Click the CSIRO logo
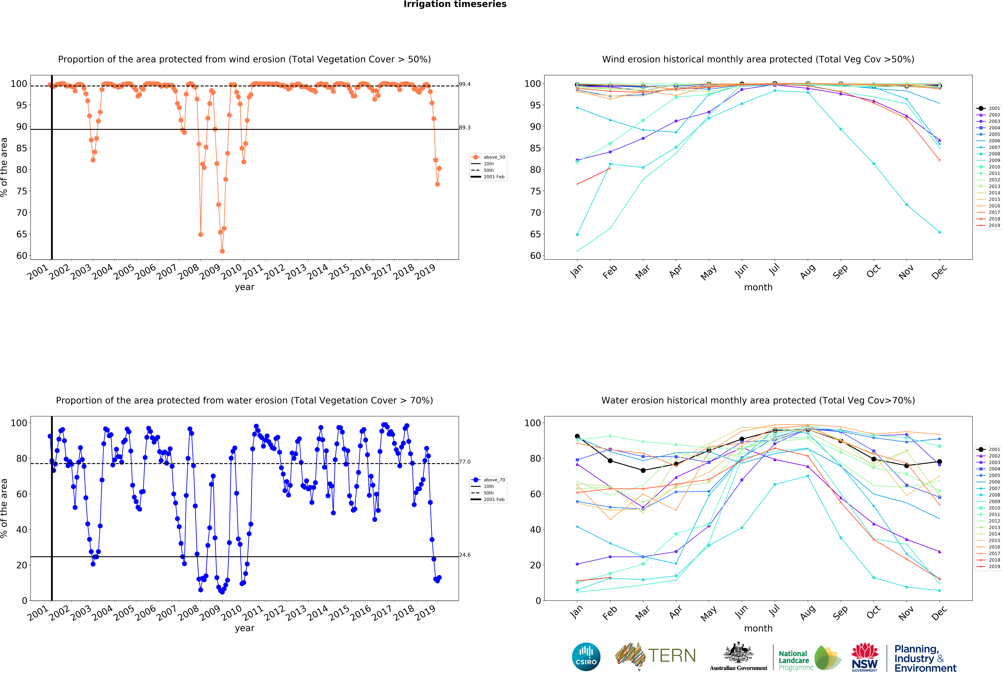click(x=586, y=657)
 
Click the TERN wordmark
click(x=672, y=656)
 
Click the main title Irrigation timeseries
click(x=455, y=4)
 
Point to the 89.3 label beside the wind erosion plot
click(x=465, y=128)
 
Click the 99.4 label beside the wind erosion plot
click(x=465, y=84)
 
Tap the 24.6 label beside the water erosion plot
click(x=465, y=555)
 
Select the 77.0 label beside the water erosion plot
click(x=465, y=462)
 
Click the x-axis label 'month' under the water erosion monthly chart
click(x=758, y=628)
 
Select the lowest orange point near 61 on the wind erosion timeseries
click(x=222, y=251)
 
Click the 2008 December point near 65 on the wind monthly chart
click(x=939, y=232)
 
